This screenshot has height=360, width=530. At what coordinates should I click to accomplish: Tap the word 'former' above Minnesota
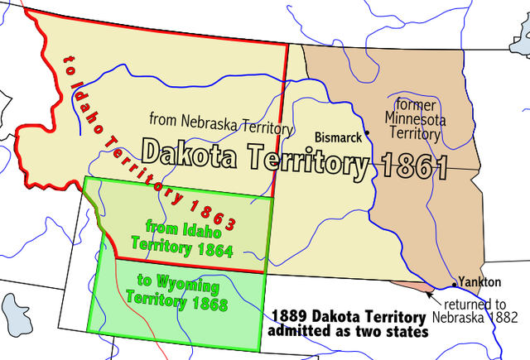416,105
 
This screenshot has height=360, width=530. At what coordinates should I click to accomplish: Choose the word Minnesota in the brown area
417,118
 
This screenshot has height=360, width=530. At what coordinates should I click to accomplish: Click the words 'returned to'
479,304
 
